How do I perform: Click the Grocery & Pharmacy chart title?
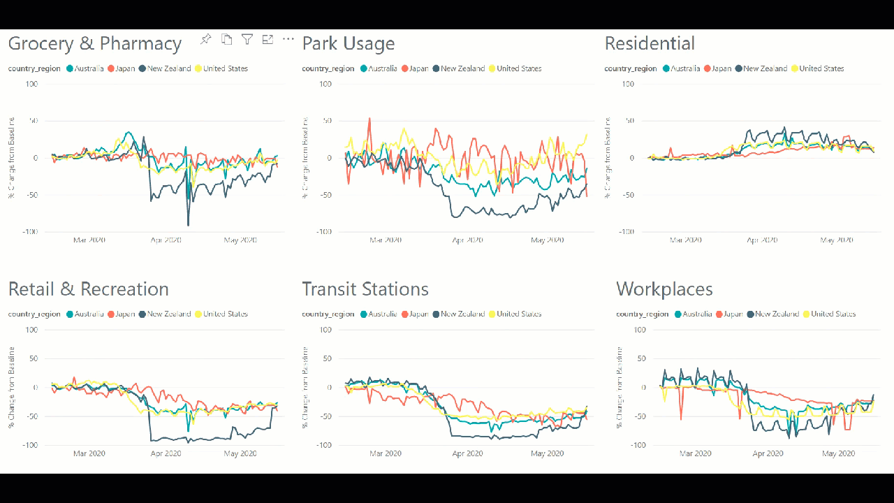(94, 43)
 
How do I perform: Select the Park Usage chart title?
(348, 43)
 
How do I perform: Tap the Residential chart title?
(649, 43)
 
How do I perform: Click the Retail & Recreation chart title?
(88, 289)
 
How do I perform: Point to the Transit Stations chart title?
(365, 289)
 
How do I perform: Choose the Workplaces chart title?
(664, 289)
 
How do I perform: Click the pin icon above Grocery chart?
(205, 39)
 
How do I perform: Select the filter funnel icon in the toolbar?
(247, 39)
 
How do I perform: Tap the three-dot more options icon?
(288, 39)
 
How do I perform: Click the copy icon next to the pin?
(226, 39)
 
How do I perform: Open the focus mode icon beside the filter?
(268, 39)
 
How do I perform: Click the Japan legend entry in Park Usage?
(415, 68)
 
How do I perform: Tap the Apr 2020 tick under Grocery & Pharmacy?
(166, 240)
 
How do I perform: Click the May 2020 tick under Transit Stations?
(547, 453)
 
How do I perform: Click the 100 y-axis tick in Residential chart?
(629, 84)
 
